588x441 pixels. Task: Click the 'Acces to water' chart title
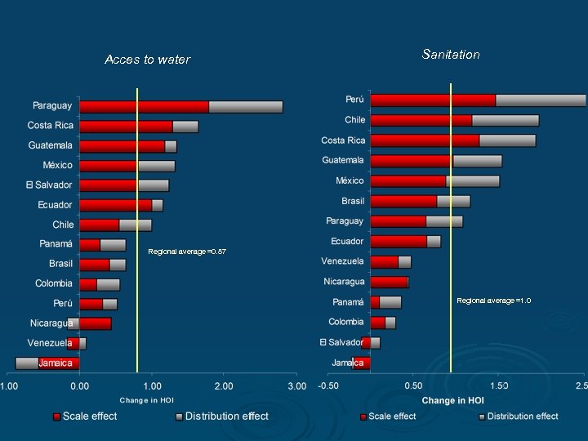(148, 60)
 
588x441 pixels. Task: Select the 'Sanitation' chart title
(451, 55)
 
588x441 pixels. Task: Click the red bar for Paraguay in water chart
(144, 106)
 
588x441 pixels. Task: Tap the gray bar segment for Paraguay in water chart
(245, 106)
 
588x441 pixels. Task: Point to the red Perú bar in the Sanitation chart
(433, 100)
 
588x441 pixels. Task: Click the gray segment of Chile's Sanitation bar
(505, 120)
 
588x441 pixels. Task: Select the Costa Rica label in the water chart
(50, 126)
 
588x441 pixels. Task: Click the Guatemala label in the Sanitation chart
(343, 161)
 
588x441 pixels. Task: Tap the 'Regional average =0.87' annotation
(187, 252)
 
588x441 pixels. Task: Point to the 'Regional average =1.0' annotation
(493, 301)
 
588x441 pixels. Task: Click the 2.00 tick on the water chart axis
(223, 385)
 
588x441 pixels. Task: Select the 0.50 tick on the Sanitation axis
(413, 385)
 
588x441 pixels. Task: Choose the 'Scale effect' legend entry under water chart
(85, 416)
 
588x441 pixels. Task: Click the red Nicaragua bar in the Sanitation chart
(389, 282)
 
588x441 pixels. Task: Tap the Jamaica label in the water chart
(56, 363)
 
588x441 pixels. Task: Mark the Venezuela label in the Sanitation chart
(343, 261)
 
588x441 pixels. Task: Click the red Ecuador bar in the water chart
(115, 205)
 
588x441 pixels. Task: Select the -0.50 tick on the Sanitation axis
(328, 385)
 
